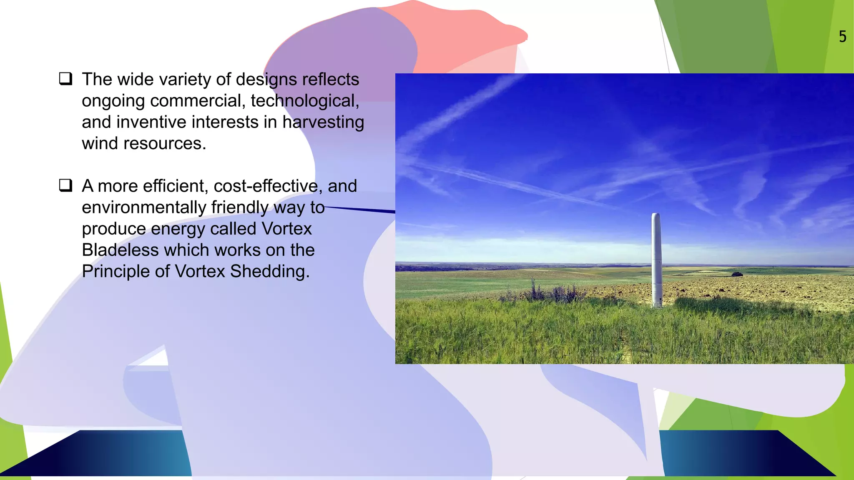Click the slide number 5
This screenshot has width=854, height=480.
click(x=842, y=37)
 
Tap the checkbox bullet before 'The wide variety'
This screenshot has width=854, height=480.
click(x=66, y=79)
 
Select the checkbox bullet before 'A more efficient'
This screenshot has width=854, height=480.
click(x=66, y=185)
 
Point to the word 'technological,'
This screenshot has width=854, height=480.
click(x=305, y=101)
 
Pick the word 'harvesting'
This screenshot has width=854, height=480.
click(x=323, y=122)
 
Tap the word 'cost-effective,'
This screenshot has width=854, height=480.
click(x=268, y=186)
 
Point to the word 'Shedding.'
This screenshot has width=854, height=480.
click(x=270, y=272)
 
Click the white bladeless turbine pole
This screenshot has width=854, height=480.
click(x=656, y=258)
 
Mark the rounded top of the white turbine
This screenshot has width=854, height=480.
click(x=656, y=215)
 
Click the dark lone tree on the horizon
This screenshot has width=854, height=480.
click(x=737, y=274)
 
